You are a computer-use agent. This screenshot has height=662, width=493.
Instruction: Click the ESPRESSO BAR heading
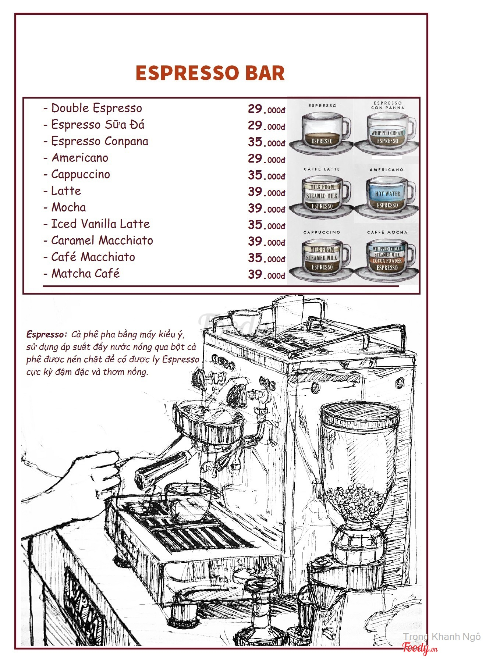(210, 73)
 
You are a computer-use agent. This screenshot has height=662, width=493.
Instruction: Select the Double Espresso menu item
(96, 108)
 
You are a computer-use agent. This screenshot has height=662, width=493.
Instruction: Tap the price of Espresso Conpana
(266, 142)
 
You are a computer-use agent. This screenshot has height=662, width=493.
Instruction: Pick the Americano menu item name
(80, 158)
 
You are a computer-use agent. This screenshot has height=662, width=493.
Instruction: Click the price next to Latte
(266, 192)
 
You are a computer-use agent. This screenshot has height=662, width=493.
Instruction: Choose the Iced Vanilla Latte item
(100, 224)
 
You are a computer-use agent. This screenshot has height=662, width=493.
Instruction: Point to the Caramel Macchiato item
(102, 241)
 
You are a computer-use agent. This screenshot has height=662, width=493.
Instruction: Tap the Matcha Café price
(266, 274)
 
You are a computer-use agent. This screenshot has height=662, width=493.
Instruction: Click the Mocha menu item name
(68, 207)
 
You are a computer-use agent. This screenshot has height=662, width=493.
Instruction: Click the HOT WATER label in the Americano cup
(387, 193)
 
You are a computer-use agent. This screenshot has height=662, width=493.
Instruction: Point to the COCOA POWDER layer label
(387, 261)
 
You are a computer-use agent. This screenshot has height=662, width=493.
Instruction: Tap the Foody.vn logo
(420, 648)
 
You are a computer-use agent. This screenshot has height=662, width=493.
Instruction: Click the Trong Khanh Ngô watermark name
(441, 637)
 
